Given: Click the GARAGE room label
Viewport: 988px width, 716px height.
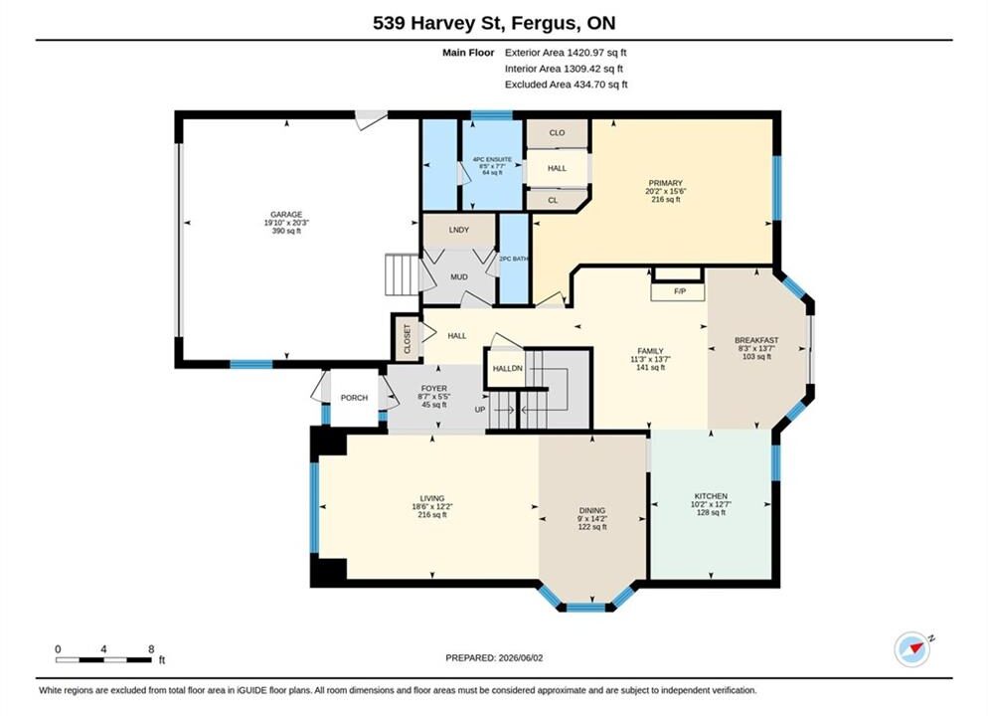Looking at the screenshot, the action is click(x=286, y=214).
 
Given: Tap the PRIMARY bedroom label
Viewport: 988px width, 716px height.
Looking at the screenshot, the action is click(x=665, y=183).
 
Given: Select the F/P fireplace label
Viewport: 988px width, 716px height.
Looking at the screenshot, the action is click(x=679, y=291).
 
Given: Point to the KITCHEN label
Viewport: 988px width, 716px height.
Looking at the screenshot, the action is click(x=711, y=496).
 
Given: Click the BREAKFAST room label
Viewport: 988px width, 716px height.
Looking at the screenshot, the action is click(x=756, y=340).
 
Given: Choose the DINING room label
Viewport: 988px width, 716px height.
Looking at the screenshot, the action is click(x=592, y=510).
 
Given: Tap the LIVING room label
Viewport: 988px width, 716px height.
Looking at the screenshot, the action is click(x=432, y=498).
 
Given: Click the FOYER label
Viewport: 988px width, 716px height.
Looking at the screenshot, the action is click(x=433, y=389).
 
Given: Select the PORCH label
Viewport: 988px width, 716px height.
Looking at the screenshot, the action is click(x=354, y=398).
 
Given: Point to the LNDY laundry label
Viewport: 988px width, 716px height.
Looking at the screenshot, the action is click(x=459, y=230).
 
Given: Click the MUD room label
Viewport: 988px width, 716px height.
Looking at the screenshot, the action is click(x=459, y=277).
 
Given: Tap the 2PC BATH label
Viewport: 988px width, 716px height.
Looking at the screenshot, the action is click(x=514, y=259).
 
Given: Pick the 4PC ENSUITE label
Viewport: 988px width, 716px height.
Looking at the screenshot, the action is click(x=492, y=159).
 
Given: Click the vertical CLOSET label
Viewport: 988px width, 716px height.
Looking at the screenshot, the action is click(x=408, y=339).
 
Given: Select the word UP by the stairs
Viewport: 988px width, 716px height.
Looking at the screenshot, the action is click(x=480, y=410).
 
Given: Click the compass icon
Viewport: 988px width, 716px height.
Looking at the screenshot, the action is click(x=911, y=649).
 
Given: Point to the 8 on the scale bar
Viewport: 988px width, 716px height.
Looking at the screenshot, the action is click(x=151, y=649).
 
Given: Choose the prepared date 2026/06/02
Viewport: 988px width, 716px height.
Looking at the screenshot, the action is click(x=521, y=658).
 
